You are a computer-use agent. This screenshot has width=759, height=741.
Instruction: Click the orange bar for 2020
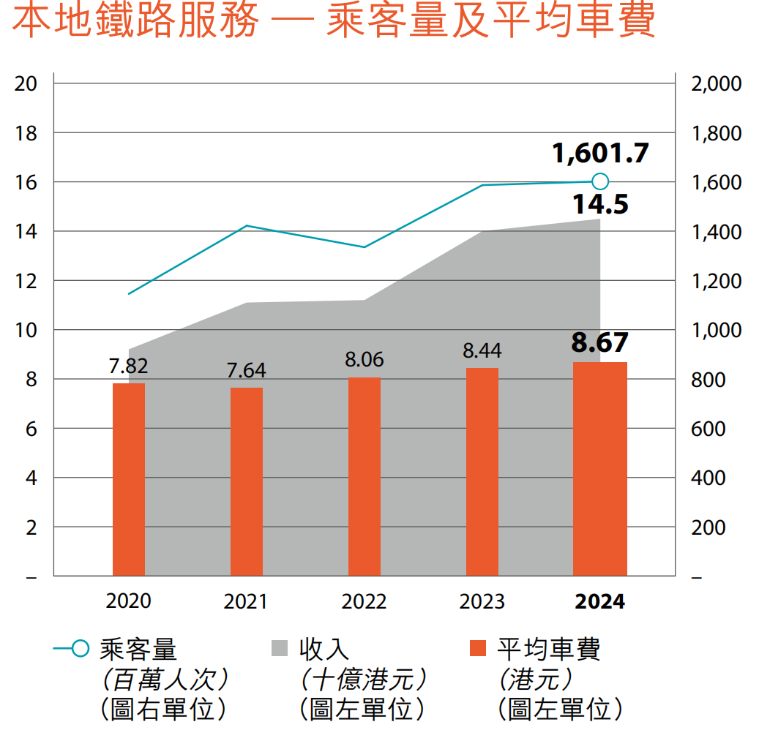tap(129, 479)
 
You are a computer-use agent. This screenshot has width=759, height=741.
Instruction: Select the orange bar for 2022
tap(364, 476)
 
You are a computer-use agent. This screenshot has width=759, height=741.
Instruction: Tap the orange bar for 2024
tap(599, 469)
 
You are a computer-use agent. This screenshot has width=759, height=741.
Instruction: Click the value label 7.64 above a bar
tap(246, 371)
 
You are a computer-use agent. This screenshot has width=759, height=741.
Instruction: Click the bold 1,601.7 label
tap(601, 154)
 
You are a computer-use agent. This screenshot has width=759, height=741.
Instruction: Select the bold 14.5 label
tap(601, 204)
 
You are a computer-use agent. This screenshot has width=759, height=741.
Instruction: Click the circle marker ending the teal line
tap(600, 181)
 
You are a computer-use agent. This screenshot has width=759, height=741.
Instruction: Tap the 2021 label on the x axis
tap(246, 601)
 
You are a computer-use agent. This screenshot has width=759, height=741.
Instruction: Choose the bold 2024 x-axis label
tap(600, 601)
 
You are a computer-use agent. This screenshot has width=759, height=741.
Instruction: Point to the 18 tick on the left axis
tap(26, 133)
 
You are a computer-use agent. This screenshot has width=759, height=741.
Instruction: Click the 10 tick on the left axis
tap(26, 330)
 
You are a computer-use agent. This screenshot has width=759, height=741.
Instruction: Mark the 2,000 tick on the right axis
tap(716, 84)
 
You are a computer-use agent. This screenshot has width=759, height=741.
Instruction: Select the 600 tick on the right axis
tap(708, 429)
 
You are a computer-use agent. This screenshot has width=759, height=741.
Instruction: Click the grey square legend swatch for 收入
tap(279, 648)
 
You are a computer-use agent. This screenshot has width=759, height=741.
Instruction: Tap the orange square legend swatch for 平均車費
tap(477, 648)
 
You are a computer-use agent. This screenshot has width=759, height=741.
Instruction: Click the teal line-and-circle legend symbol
tap(72, 648)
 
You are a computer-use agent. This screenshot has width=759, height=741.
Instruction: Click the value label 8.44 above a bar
tap(482, 351)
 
